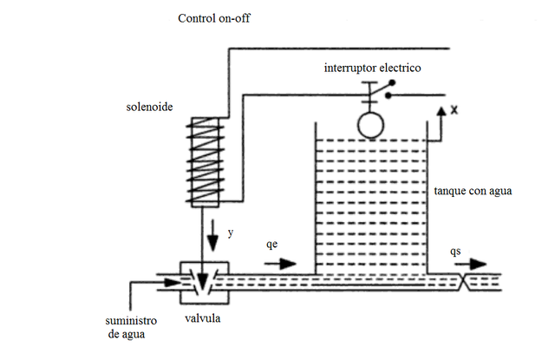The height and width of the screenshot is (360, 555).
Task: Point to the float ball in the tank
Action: (x=369, y=123)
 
